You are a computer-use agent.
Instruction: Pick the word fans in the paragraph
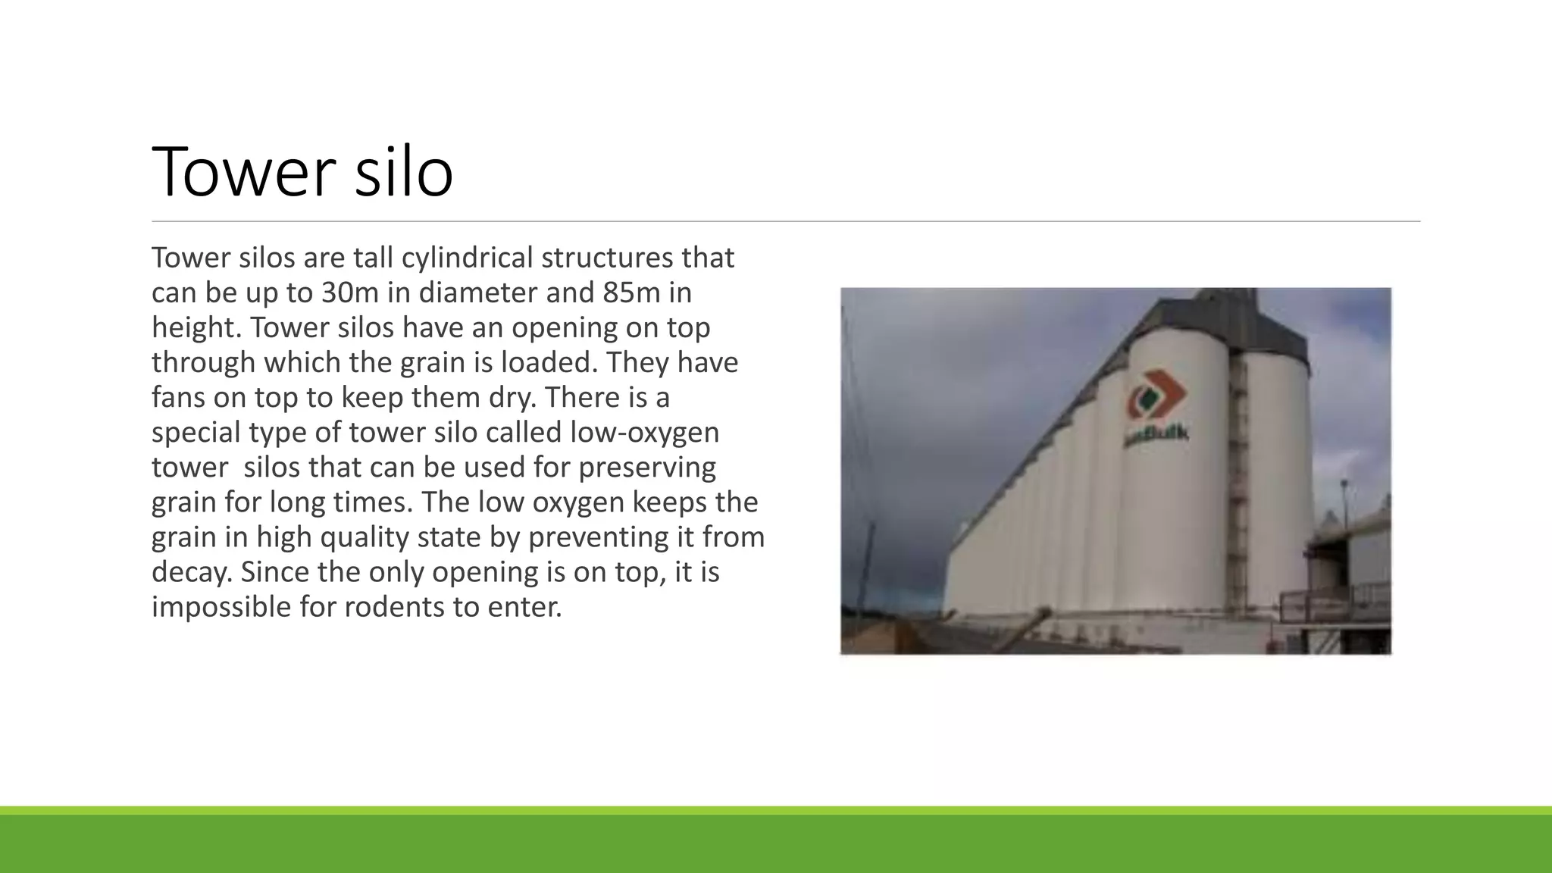coord(178,398)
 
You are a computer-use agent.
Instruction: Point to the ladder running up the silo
coord(1238,485)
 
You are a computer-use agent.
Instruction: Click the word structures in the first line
coord(606,258)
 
